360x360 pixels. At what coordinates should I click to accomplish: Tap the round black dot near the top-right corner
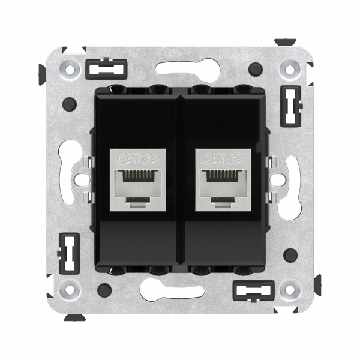coord(257,68)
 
